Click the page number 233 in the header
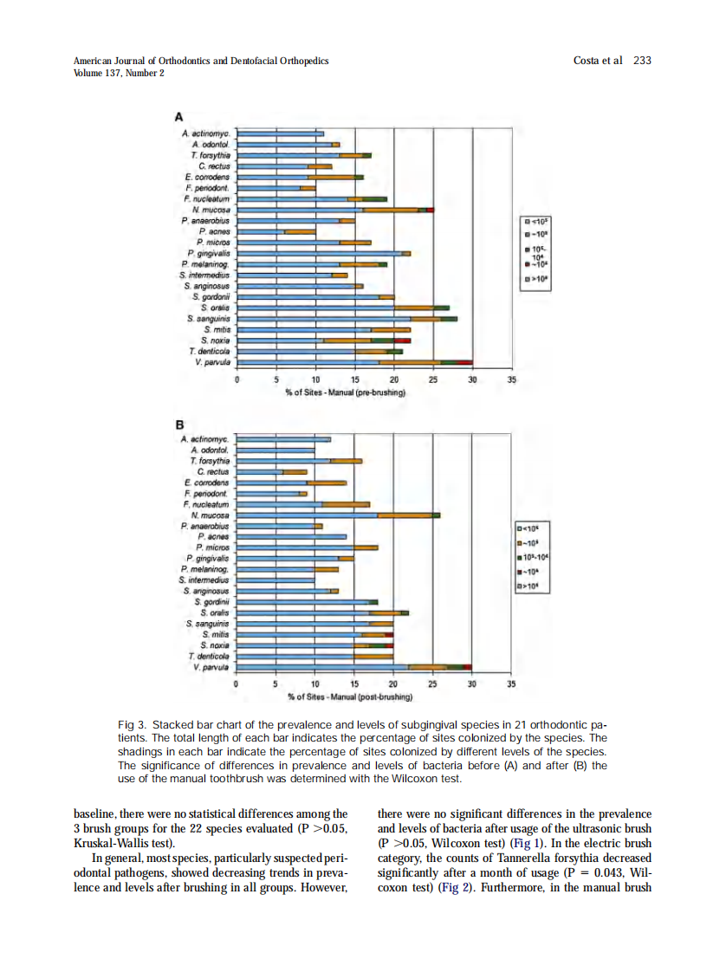pyautogui.click(x=642, y=61)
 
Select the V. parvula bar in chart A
pyautogui.click(x=355, y=362)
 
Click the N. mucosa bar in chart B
pyautogui.click(x=339, y=515)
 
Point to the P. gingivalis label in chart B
pyautogui.click(x=208, y=559)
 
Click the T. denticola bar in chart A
pyautogui.click(x=320, y=351)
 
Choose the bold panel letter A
pyautogui.click(x=179, y=116)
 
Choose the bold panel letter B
pyautogui.click(x=180, y=424)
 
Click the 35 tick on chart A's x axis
pyautogui.click(x=511, y=379)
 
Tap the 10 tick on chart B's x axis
pyautogui.click(x=315, y=684)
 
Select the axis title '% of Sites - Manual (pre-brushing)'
pyautogui.click(x=346, y=392)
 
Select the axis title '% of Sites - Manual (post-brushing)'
pyautogui.click(x=349, y=697)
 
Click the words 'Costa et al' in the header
pyautogui.click(x=598, y=61)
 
